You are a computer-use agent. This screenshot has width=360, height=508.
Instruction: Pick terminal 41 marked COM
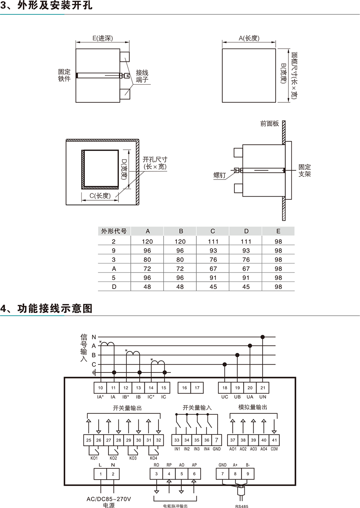pos(274,440)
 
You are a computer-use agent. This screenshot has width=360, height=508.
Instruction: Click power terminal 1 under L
pos(100,474)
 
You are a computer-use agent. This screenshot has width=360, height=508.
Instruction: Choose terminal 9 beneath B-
pos(248,474)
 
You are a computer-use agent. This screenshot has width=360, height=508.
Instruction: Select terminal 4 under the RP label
pos(169,474)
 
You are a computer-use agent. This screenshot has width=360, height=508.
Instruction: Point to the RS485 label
pos(242,505)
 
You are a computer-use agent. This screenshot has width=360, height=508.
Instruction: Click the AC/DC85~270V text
pos(109,499)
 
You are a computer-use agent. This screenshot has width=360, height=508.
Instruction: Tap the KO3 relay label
pos(133,458)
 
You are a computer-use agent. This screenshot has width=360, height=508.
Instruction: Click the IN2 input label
pos(187,449)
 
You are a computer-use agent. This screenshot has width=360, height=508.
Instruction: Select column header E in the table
pos(278,231)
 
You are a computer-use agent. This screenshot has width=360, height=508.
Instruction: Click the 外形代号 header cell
pos(114,231)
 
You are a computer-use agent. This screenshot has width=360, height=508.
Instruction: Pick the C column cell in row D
pos(213,287)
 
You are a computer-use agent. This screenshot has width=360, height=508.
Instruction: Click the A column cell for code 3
pos(147,260)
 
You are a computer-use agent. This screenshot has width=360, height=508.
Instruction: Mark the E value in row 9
pos(278,251)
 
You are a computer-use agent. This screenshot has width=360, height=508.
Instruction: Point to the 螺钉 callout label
pos(220,175)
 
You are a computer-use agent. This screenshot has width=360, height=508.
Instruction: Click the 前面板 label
pos(270,124)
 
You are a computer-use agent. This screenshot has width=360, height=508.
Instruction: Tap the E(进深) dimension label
pos(103,38)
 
